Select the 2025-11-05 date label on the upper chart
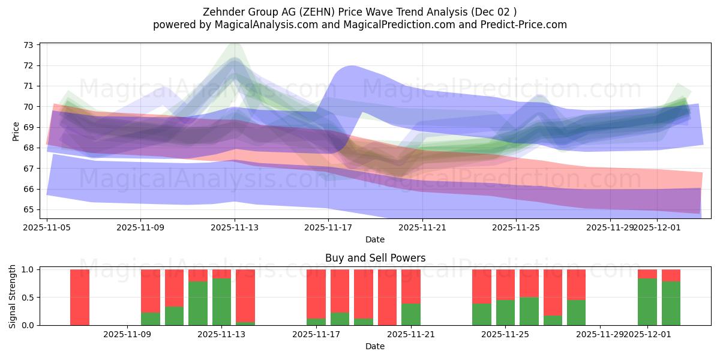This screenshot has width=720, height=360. point(47,227)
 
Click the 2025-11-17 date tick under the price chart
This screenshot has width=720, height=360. point(328,227)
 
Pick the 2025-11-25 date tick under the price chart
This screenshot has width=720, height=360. point(516,227)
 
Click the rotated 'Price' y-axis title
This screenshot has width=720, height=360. point(16,130)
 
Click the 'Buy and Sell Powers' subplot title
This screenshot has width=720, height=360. point(375,258)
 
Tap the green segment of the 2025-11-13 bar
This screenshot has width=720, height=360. point(221,302)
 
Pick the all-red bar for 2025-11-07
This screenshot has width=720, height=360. point(80,297)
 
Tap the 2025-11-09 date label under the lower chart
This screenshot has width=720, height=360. point(127,335)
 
